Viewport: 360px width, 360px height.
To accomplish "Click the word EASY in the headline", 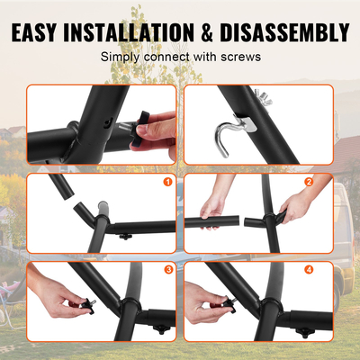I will click(44, 33).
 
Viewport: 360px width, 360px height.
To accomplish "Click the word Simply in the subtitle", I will click(120, 57).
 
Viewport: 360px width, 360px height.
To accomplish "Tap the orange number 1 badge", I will click(166, 184).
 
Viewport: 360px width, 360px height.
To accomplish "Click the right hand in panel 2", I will click(292, 213).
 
